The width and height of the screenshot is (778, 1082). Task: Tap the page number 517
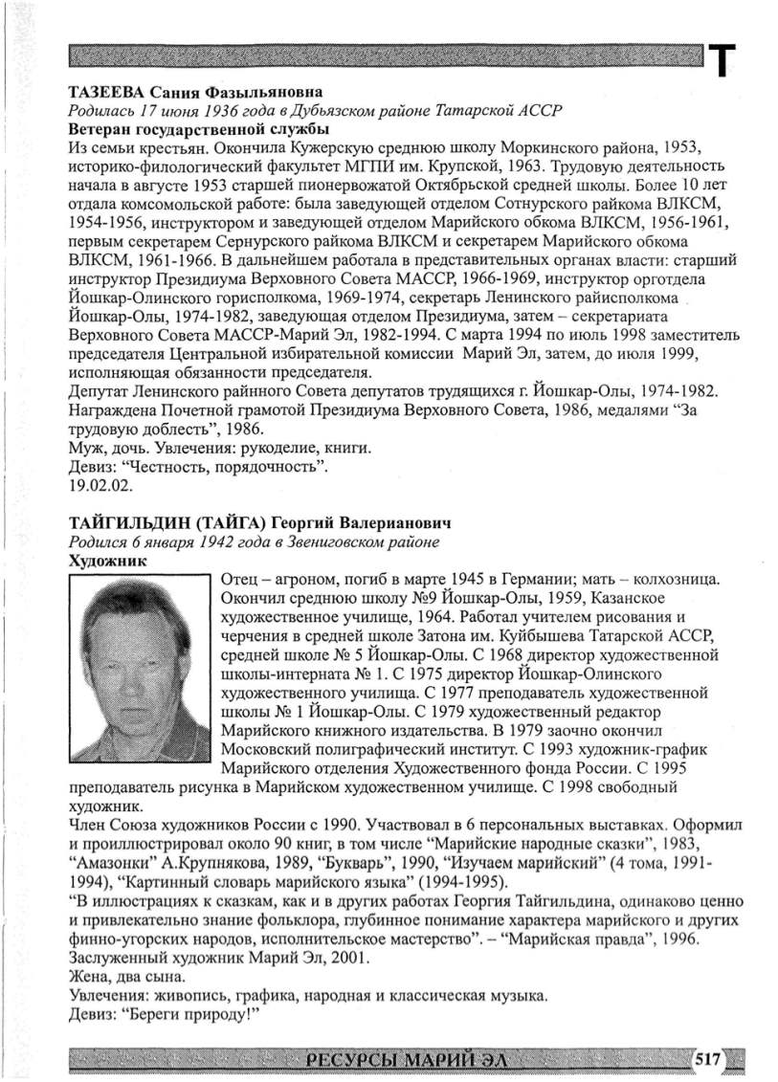click(707, 1058)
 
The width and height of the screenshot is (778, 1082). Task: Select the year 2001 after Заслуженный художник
click(347, 959)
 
